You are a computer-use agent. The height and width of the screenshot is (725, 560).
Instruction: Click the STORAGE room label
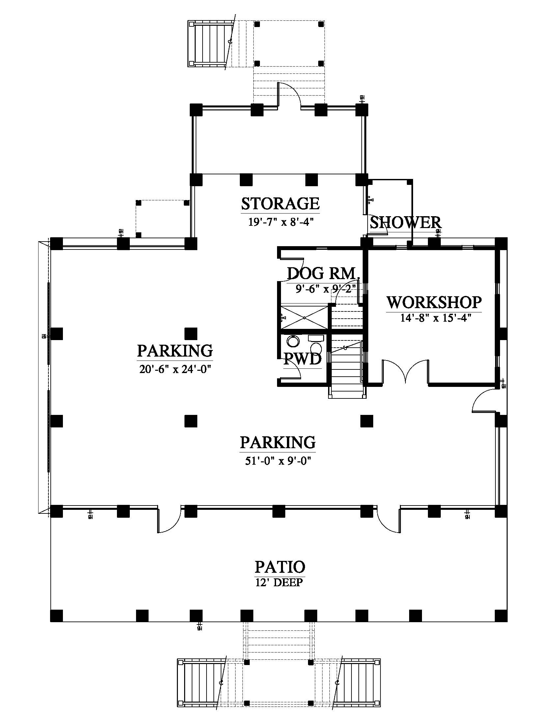click(x=280, y=204)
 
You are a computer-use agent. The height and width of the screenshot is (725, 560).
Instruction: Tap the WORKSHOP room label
click(x=434, y=303)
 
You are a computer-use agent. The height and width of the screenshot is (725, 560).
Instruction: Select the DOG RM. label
click(x=323, y=273)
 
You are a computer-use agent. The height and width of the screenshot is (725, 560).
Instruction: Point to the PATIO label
click(x=280, y=567)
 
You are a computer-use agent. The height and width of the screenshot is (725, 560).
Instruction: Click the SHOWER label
click(x=406, y=222)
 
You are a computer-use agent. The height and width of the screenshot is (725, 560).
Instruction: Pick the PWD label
click(x=302, y=359)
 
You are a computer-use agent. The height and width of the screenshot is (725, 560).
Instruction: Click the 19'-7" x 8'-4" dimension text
click(x=281, y=222)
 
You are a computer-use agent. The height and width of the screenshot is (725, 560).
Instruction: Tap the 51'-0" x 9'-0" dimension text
click(x=278, y=461)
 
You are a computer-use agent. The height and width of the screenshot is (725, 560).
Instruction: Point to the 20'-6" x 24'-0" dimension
click(x=175, y=369)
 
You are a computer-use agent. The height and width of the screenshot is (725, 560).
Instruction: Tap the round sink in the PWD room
click(x=293, y=341)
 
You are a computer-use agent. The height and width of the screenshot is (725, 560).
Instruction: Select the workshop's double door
click(x=406, y=372)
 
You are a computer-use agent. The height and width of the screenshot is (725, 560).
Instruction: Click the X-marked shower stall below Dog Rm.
click(x=304, y=318)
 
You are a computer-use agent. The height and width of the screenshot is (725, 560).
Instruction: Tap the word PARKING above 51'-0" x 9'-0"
click(x=278, y=443)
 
